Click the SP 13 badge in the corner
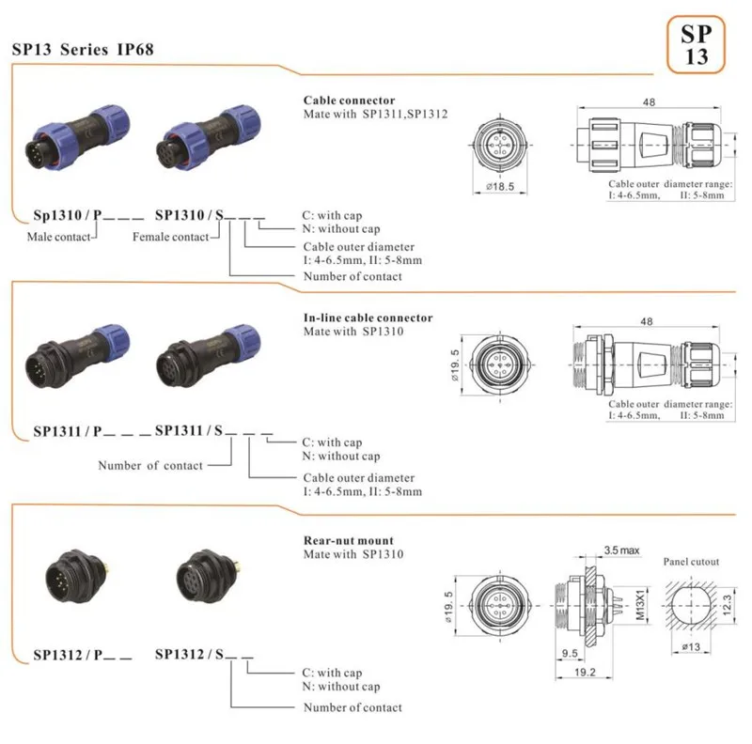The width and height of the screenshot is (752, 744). point(696,44)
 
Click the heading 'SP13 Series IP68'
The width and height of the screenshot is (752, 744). point(83,50)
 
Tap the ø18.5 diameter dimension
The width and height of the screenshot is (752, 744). point(500,187)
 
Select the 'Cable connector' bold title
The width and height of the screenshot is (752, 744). point(349,101)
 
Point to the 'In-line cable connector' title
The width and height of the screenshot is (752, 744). point(368,318)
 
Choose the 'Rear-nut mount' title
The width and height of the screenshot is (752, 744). point(349,541)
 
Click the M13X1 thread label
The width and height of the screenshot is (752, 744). point(641,605)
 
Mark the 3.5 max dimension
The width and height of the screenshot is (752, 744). point(621,550)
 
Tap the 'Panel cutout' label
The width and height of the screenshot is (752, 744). point(691,562)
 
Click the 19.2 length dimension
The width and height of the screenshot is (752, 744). point(585,672)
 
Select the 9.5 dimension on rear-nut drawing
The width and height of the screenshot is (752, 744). point(570,653)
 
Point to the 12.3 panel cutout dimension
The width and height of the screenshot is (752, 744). point(727,605)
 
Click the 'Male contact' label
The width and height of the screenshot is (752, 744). point(58,237)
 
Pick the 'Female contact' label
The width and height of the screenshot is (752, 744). point(171,237)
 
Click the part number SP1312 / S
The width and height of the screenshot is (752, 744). point(189,655)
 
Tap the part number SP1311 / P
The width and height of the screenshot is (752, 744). point(68,431)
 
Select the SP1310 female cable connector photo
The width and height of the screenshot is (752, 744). point(209,137)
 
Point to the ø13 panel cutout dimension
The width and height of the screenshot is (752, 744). point(691,647)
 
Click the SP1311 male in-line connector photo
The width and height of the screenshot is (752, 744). point(77,357)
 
